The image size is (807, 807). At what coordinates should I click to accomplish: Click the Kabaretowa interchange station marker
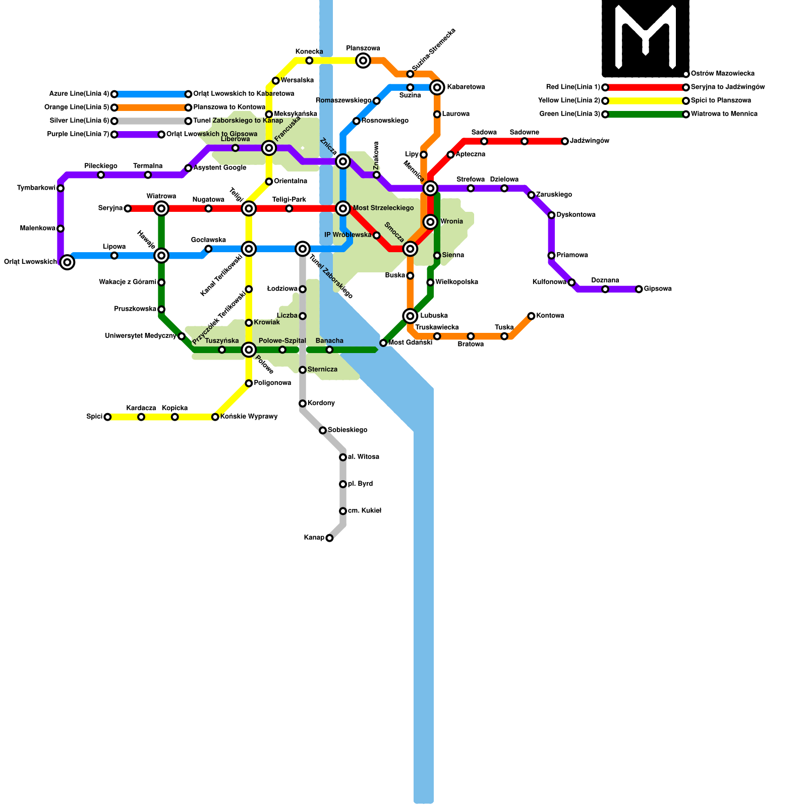[x=437, y=87]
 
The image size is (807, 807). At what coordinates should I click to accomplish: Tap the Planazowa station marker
[x=363, y=61]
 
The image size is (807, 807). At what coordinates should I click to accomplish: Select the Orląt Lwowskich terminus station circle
[x=67, y=262]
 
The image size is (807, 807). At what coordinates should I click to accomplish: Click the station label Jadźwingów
[x=590, y=141]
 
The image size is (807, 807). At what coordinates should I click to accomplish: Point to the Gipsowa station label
[x=658, y=289]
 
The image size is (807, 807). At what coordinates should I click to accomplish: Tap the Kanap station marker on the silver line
[x=329, y=538]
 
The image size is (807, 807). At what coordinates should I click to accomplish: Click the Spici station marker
[x=107, y=417]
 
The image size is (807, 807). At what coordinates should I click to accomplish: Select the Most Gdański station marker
[x=383, y=343]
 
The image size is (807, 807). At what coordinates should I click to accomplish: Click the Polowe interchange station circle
[x=249, y=350]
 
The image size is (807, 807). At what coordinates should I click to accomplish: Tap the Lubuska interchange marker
[x=410, y=316]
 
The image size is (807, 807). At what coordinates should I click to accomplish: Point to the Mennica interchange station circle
[x=430, y=188]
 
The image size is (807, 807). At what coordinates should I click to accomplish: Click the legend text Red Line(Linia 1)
[x=573, y=87]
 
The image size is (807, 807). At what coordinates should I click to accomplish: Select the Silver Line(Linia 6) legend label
[x=79, y=121]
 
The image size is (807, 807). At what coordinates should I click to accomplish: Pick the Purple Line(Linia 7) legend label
[x=78, y=134]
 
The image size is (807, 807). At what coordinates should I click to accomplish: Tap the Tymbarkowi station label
[x=36, y=188]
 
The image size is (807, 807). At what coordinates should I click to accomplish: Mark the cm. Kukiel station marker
[x=343, y=511]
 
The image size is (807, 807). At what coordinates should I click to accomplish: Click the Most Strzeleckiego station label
[x=383, y=208]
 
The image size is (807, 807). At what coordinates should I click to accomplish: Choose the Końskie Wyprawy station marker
[x=215, y=417]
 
